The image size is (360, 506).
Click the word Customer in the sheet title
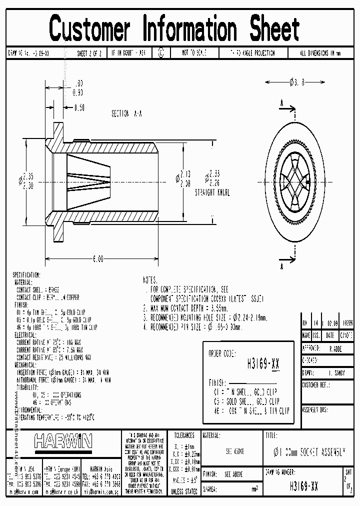(x=90, y=28)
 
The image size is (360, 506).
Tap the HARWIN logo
(x=63, y=440)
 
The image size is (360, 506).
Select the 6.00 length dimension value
(x=97, y=259)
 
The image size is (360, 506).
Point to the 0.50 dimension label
(x=79, y=107)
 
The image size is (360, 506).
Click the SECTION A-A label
(x=126, y=114)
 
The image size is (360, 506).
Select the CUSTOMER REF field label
(x=316, y=385)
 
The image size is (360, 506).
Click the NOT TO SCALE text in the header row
(x=194, y=52)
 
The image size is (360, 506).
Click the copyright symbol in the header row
(x=160, y=52)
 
